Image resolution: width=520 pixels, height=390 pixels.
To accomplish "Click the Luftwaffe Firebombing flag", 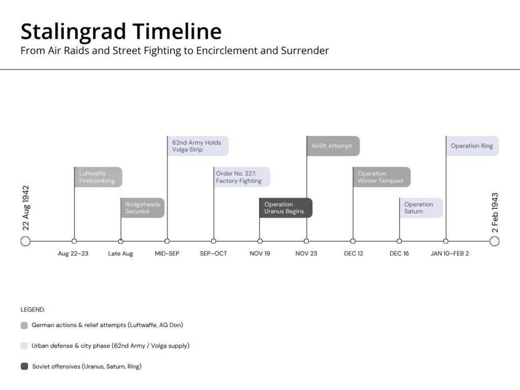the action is click(x=98, y=177).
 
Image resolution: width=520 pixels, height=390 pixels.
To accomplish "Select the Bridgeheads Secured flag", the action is click(x=143, y=208).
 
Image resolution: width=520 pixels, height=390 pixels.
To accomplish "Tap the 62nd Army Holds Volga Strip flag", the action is click(x=198, y=146).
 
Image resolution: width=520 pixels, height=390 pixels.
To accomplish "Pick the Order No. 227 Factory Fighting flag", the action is click(x=242, y=177).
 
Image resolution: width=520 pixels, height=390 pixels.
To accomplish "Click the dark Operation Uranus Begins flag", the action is click(x=286, y=208).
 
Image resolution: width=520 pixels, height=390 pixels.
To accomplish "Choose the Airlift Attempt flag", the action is click(x=333, y=146).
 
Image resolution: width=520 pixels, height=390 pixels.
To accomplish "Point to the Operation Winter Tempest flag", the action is click(x=382, y=177).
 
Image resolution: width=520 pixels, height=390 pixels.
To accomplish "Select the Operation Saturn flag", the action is click(x=421, y=208).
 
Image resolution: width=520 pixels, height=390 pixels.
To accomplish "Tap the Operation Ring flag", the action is click(x=473, y=146).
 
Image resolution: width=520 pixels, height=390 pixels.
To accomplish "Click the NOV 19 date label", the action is click(x=259, y=254).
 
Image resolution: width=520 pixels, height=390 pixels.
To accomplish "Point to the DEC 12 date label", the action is click(x=353, y=254).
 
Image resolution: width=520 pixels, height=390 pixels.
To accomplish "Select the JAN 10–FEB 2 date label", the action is click(x=450, y=254).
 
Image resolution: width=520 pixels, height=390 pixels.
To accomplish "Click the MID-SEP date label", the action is click(x=167, y=254).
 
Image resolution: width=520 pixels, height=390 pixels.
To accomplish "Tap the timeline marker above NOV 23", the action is click(x=306, y=241).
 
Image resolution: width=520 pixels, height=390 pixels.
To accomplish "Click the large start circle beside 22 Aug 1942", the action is click(x=25, y=241).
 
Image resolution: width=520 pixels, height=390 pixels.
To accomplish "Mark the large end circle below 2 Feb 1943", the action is click(x=495, y=241).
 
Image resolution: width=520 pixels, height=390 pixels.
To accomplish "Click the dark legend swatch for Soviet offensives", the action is click(x=24, y=367).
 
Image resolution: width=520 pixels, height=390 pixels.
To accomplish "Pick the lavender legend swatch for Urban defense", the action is click(x=24, y=346).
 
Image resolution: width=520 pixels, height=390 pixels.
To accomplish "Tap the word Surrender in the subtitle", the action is click(x=305, y=50).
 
